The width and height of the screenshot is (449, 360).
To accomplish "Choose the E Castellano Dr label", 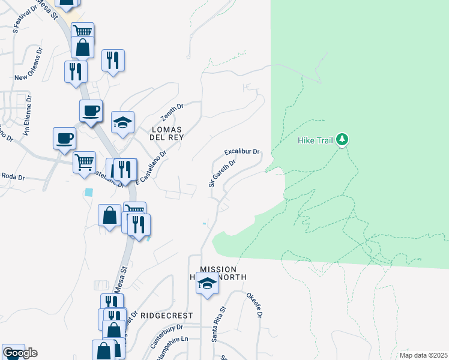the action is (x=150, y=167).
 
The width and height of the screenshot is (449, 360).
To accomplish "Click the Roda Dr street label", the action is (x=13, y=177).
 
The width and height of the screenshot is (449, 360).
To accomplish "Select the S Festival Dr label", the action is (x=26, y=35).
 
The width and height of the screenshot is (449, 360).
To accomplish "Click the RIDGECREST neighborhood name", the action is (x=172, y=315).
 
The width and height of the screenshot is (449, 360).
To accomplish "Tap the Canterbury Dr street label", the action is (x=166, y=336).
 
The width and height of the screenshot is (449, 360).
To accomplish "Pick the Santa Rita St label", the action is (x=218, y=325).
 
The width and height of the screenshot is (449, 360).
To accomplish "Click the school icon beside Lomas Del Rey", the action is (x=123, y=122).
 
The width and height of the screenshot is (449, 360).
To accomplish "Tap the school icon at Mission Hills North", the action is (x=207, y=283).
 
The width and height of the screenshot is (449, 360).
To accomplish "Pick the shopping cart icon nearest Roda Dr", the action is (x=85, y=161).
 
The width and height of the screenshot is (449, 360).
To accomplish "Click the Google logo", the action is (x=20, y=353).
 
